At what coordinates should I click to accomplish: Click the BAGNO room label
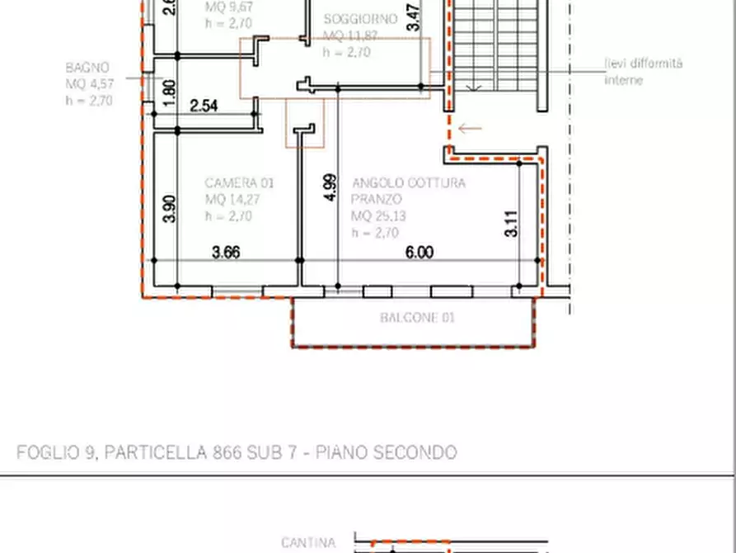[x=87, y=67]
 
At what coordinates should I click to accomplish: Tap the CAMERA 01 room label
[x=239, y=182]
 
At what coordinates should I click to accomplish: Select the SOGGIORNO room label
[x=359, y=19]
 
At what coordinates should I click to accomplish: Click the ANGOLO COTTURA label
[x=408, y=182]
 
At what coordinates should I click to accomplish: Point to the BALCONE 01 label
[x=417, y=318]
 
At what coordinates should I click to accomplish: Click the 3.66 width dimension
[x=225, y=253]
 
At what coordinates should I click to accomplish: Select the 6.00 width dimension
[x=419, y=253]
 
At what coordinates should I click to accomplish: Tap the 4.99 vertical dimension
[x=330, y=187]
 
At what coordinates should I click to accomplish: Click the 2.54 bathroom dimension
[x=204, y=106]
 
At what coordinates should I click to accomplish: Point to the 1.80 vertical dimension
[x=170, y=89]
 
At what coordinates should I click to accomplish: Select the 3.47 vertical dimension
[x=414, y=19]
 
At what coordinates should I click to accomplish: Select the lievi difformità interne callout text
[x=643, y=71]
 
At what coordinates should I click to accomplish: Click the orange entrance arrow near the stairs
[x=470, y=128]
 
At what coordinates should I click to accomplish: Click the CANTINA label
[x=308, y=542]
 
